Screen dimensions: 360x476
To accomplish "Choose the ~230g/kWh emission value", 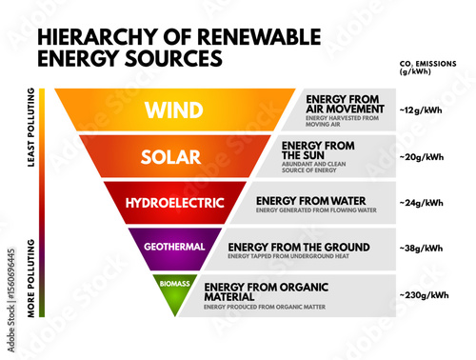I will [x=424, y=294].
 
